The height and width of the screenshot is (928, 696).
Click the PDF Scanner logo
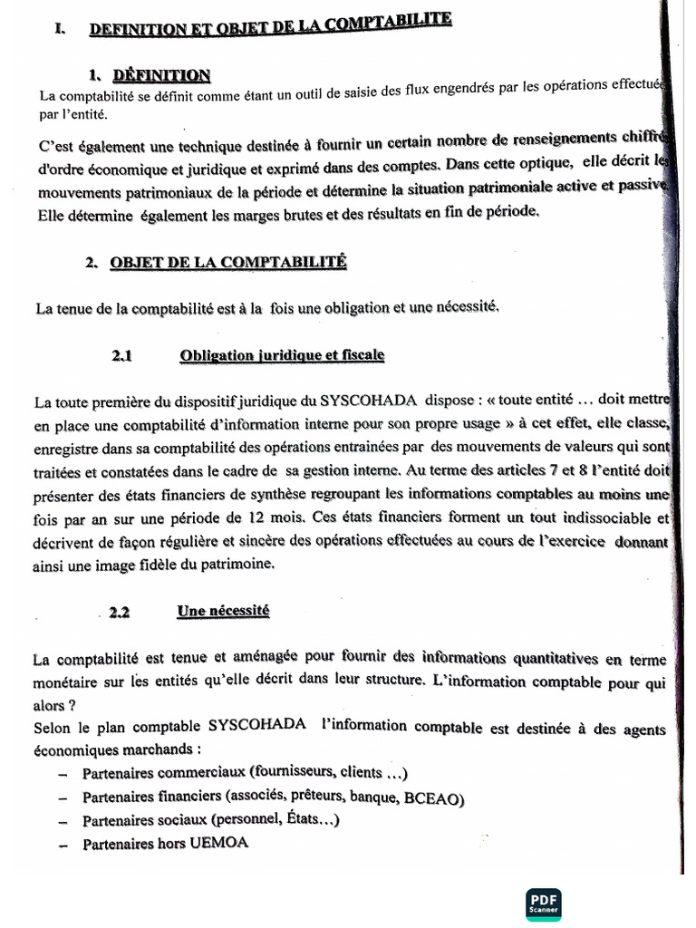coord(543,903)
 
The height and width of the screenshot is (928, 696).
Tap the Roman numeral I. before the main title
coord(59,29)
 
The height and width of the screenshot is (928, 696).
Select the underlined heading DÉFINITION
coord(162,75)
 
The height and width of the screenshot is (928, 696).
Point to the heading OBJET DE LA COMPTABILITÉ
coord(228,263)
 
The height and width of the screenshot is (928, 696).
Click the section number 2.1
coord(122,356)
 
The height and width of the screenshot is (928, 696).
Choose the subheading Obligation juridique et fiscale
coord(282,355)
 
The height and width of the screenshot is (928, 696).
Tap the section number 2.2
coord(120,613)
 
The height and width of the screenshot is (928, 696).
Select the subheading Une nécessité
coord(224,612)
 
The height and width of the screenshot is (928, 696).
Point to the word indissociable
coord(604,519)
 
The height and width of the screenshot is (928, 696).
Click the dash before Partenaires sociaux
coord(63,821)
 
